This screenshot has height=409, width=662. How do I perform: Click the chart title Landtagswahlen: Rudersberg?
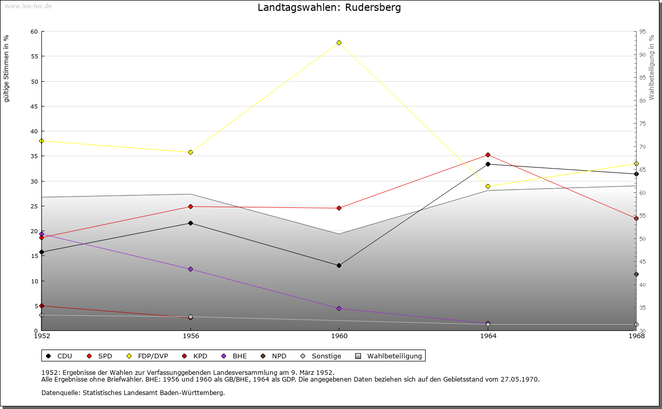pyautogui.click(x=329, y=8)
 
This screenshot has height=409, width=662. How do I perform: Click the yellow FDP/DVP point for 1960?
pyautogui.click(x=339, y=42)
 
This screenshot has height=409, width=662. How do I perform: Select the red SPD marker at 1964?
pyautogui.click(x=488, y=155)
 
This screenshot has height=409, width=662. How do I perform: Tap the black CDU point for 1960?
pyautogui.click(x=339, y=266)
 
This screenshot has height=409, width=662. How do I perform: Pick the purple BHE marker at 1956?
pyautogui.click(x=190, y=269)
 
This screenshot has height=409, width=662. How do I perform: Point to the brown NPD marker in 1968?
pyautogui.click(x=636, y=275)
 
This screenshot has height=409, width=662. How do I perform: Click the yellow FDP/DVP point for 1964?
pyautogui.click(x=488, y=187)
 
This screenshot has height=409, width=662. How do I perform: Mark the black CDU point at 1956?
pyautogui.click(x=190, y=223)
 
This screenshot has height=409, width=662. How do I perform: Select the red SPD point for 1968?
pyautogui.click(x=636, y=219)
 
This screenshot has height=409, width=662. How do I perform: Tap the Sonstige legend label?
pyautogui.click(x=326, y=356)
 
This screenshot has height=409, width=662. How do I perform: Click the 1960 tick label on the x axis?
pyautogui.click(x=339, y=336)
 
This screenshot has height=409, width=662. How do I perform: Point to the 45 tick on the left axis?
pyautogui.click(x=34, y=107)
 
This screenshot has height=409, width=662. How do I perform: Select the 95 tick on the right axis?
pyautogui.click(x=642, y=32)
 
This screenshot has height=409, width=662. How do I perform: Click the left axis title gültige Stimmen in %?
pyautogui.click(x=7, y=68)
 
